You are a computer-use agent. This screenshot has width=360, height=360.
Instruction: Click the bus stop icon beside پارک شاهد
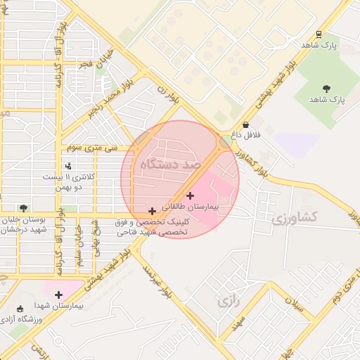tap(319, 34)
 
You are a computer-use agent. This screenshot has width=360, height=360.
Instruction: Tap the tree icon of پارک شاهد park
tap(326, 88)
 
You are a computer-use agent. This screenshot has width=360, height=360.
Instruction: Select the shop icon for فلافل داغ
tap(245, 124)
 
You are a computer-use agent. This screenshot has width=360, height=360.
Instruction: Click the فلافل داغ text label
tap(247, 133)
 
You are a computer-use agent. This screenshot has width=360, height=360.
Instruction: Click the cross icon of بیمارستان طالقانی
tap(190, 195)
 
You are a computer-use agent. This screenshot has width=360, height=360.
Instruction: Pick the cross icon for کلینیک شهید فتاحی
tap(152, 211)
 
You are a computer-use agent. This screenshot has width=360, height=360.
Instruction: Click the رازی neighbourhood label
tap(225, 302)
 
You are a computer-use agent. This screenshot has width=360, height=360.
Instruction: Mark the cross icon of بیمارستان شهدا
tap(58, 295)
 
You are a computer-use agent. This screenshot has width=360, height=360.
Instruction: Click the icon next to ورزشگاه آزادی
tap(20, 308)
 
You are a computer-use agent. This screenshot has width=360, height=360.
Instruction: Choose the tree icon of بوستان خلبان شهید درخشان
tap(24, 208)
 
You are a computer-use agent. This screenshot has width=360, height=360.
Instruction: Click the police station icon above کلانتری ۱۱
tap(68, 167)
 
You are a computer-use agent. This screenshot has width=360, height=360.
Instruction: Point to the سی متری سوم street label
tap(101, 149)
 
